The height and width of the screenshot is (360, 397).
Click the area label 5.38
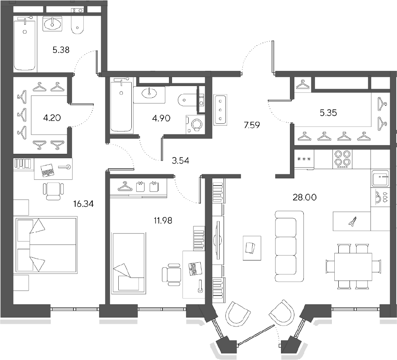[x=61, y=50]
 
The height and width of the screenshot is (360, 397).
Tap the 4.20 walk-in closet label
[x=52, y=118]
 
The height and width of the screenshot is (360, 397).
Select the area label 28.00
[x=305, y=197]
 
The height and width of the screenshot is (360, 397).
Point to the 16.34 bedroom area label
[x=83, y=204]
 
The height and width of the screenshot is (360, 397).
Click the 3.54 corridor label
[x=180, y=160]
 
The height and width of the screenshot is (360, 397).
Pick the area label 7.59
[x=252, y=125]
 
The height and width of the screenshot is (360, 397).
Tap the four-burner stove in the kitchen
[x=342, y=159]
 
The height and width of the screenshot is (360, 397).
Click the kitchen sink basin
[x=380, y=179]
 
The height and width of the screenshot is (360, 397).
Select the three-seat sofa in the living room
[x=289, y=246]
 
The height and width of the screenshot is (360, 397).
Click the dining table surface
[x=353, y=266]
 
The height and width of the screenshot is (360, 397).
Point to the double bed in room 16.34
[x=46, y=244]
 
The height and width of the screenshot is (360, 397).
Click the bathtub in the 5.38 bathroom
[x=25, y=45]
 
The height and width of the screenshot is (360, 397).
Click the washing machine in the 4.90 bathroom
[x=195, y=124]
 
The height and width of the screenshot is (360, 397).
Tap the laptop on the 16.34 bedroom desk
[x=47, y=170]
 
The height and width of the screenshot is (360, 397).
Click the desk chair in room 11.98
[x=171, y=274]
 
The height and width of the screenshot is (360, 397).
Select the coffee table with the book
[x=252, y=248]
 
